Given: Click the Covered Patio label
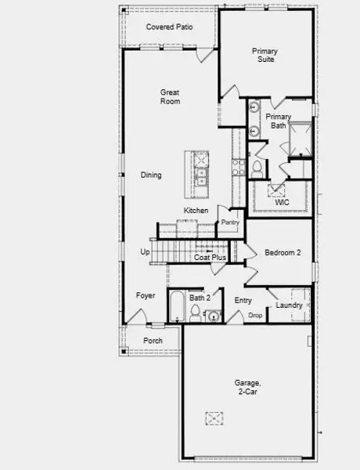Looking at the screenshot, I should (170, 27).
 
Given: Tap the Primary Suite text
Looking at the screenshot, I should (265, 55).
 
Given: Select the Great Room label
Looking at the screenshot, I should (170, 96).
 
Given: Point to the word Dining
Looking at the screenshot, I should (151, 175).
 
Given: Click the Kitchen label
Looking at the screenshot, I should (196, 211).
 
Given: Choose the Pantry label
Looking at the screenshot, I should (230, 222).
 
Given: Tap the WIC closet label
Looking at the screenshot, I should (282, 201).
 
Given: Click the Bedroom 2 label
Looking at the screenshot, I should (282, 252).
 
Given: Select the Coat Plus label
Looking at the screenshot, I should (210, 257).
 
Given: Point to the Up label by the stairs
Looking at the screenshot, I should (145, 251).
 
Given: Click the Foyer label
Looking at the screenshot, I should (146, 295).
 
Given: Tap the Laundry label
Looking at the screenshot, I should (289, 305).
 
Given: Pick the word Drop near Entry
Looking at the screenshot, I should (255, 315).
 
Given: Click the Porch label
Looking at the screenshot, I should (153, 341).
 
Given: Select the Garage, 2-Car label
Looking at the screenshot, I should (247, 387).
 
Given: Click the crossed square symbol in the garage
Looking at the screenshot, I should (215, 418).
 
